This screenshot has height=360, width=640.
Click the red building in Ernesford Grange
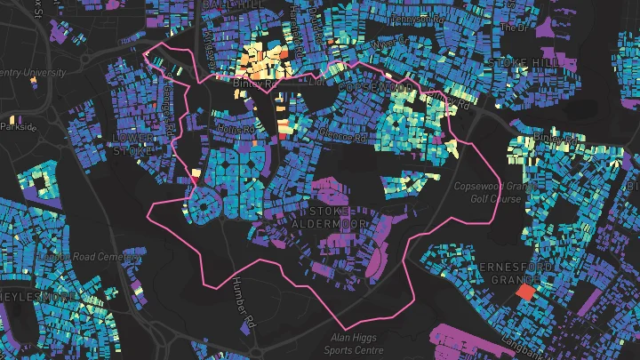tap(524, 291)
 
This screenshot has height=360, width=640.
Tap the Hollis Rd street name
tap(236, 130)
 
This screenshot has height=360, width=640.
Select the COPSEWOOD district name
tap(375, 89)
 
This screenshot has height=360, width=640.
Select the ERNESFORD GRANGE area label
tap(516, 274)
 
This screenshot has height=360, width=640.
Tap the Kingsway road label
tap(210, 37)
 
